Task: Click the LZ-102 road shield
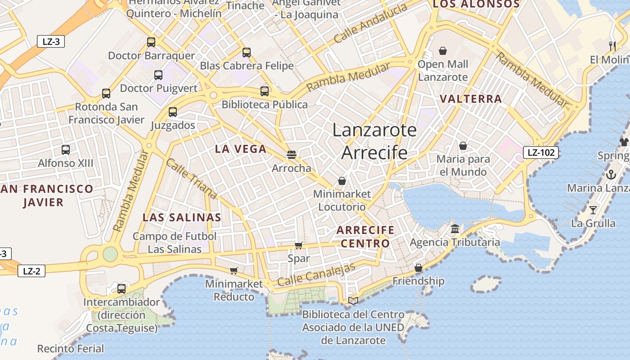click(x=541, y=153)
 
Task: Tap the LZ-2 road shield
click(x=31, y=271)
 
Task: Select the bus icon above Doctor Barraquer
click(x=151, y=42)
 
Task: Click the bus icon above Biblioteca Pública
click(x=265, y=91)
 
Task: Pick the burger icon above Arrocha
click(x=292, y=155)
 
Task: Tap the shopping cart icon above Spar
click(x=298, y=245)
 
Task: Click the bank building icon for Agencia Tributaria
click(x=455, y=229)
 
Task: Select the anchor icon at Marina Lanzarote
click(x=611, y=175)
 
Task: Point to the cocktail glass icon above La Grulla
click(x=593, y=210)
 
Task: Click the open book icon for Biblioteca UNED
click(x=353, y=301)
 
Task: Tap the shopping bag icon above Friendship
click(x=418, y=268)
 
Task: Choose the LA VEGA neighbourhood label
click(x=241, y=149)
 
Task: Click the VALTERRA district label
click(x=471, y=99)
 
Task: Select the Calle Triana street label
click(x=192, y=179)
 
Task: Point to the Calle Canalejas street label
click(x=316, y=274)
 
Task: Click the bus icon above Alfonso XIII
click(x=66, y=149)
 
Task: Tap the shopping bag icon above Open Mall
click(x=443, y=51)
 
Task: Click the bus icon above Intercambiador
click(x=121, y=289)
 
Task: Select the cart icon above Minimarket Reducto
click(x=234, y=270)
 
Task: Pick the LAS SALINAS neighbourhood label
click(x=182, y=218)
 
